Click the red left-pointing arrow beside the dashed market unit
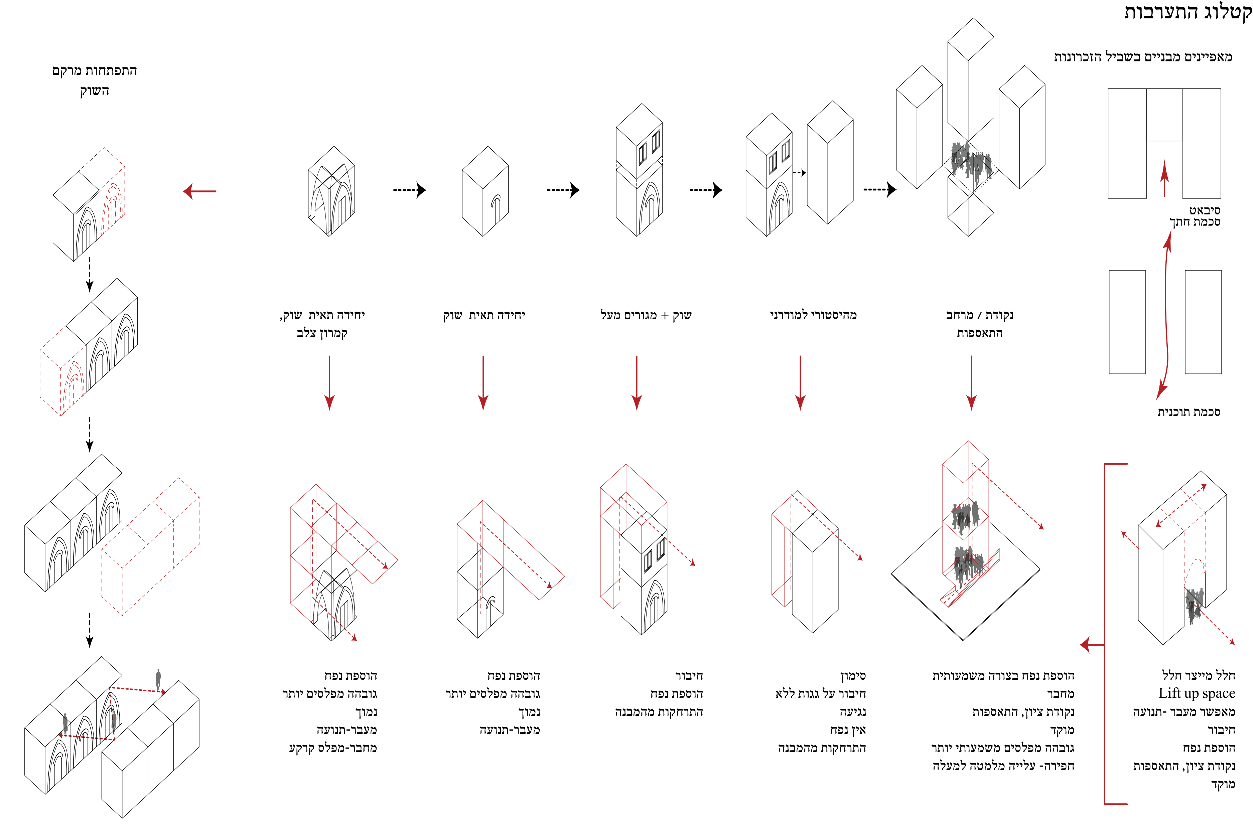200,191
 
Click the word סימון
853,676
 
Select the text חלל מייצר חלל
1198,675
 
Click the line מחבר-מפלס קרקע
332,748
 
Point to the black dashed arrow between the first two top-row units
409,190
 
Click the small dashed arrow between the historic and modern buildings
799,173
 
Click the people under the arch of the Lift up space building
1193,605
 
